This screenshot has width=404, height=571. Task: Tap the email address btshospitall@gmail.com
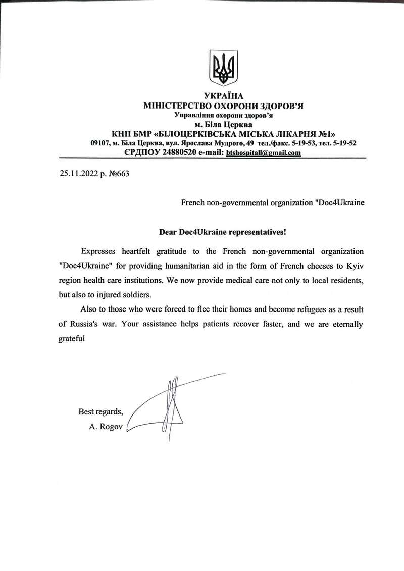tap(264, 152)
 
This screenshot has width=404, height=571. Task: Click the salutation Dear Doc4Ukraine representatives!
tap(223, 232)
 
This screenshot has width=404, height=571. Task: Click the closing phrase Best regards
tap(100, 411)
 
